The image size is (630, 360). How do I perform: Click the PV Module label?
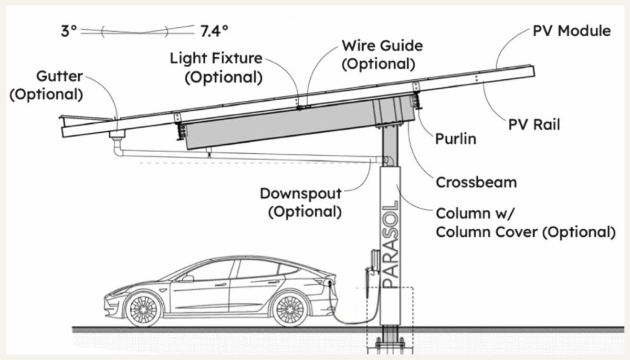[571, 31]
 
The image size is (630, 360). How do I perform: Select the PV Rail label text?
[534, 124]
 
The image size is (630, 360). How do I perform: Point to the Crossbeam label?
[476, 182]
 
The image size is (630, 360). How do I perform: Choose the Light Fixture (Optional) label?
[216, 67]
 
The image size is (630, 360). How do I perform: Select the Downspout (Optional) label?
[301, 202]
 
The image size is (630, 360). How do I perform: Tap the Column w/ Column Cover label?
[525, 223]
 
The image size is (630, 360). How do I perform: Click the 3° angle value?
[69, 31]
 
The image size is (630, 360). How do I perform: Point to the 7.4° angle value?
[214, 31]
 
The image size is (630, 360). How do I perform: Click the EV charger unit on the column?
[374, 260]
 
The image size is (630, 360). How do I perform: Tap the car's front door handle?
[221, 284]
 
